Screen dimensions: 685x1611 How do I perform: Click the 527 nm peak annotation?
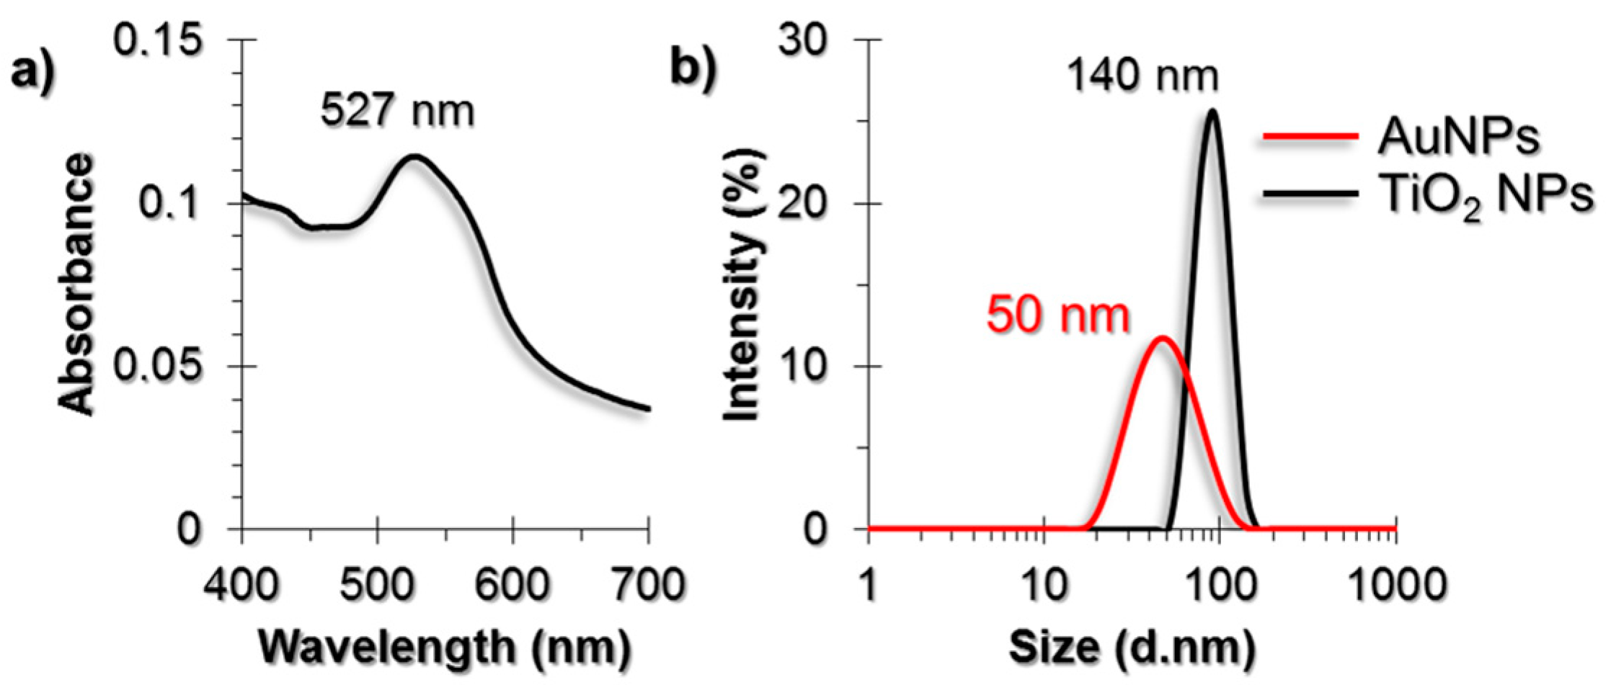pos(398,112)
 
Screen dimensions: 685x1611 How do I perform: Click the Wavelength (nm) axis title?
pos(445,648)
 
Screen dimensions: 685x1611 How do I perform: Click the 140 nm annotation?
pos(1143,76)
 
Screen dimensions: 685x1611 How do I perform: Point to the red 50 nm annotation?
pos(1057,315)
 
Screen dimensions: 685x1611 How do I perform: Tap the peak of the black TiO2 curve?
pos(1212,110)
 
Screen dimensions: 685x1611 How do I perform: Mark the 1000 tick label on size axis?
pos(1396,585)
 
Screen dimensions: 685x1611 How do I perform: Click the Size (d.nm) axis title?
pos(1132,648)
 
